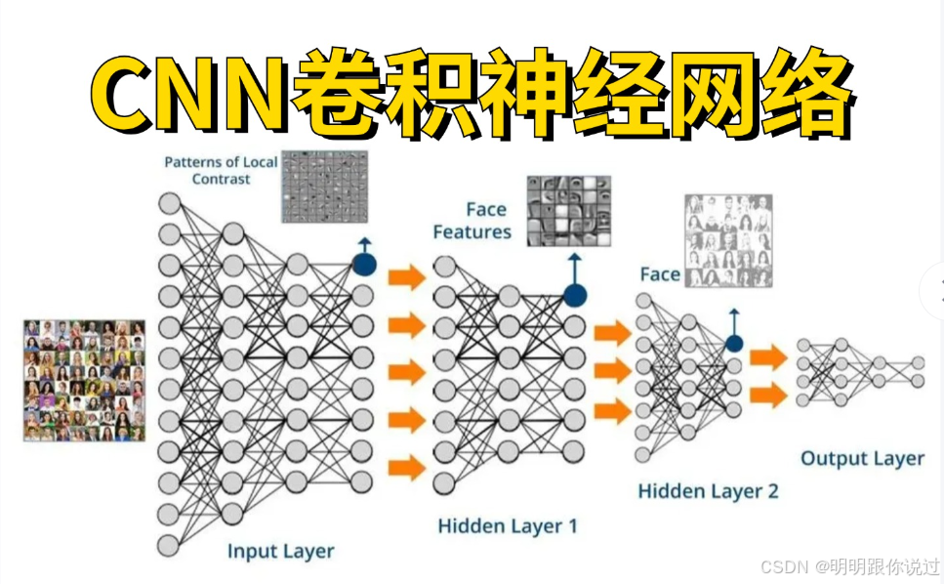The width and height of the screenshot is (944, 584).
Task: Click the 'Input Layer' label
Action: point(280,551)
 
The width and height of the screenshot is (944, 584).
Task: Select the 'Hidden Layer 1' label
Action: point(507,526)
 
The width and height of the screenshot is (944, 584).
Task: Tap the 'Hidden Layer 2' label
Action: point(708,490)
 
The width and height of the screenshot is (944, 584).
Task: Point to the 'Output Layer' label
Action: point(862,458)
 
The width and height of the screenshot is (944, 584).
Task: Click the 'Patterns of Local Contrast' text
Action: point(221,170)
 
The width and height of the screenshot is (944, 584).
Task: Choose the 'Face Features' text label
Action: point(472,221)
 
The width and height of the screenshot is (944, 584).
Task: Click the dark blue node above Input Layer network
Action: point(364,264)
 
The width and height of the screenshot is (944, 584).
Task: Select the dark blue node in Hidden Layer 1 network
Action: point(575,295)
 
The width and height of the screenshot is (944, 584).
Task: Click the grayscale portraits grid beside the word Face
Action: point(728,240)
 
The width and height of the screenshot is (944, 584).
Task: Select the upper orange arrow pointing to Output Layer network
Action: point(768,357)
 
